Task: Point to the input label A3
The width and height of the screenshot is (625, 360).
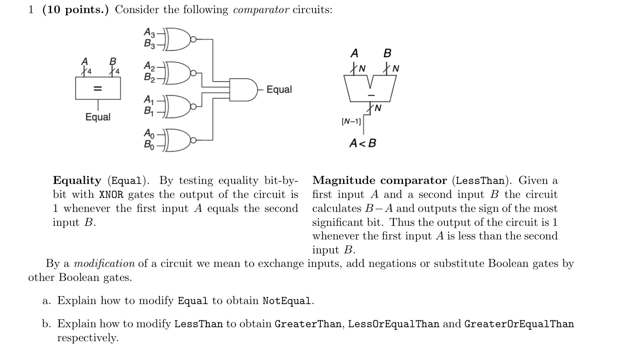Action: pos(149,32)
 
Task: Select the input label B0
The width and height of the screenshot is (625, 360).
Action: pos(149,145)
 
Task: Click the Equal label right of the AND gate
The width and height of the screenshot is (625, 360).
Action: pos(279,90)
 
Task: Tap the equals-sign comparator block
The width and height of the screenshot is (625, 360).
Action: pos(98,89)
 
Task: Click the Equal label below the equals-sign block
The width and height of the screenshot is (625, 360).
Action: pos(98,117)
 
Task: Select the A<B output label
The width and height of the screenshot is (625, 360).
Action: pos(362,143)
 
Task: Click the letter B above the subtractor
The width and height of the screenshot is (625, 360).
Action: pos(387,53)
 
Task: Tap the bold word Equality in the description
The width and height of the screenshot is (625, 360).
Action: pos(77,180)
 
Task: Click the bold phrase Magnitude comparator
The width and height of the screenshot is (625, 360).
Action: pos(379,180)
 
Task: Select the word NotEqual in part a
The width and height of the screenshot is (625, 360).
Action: pos(288,301)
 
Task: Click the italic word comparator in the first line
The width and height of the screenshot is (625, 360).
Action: pos(261,10)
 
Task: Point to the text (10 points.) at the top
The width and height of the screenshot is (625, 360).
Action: pos(76,10)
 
